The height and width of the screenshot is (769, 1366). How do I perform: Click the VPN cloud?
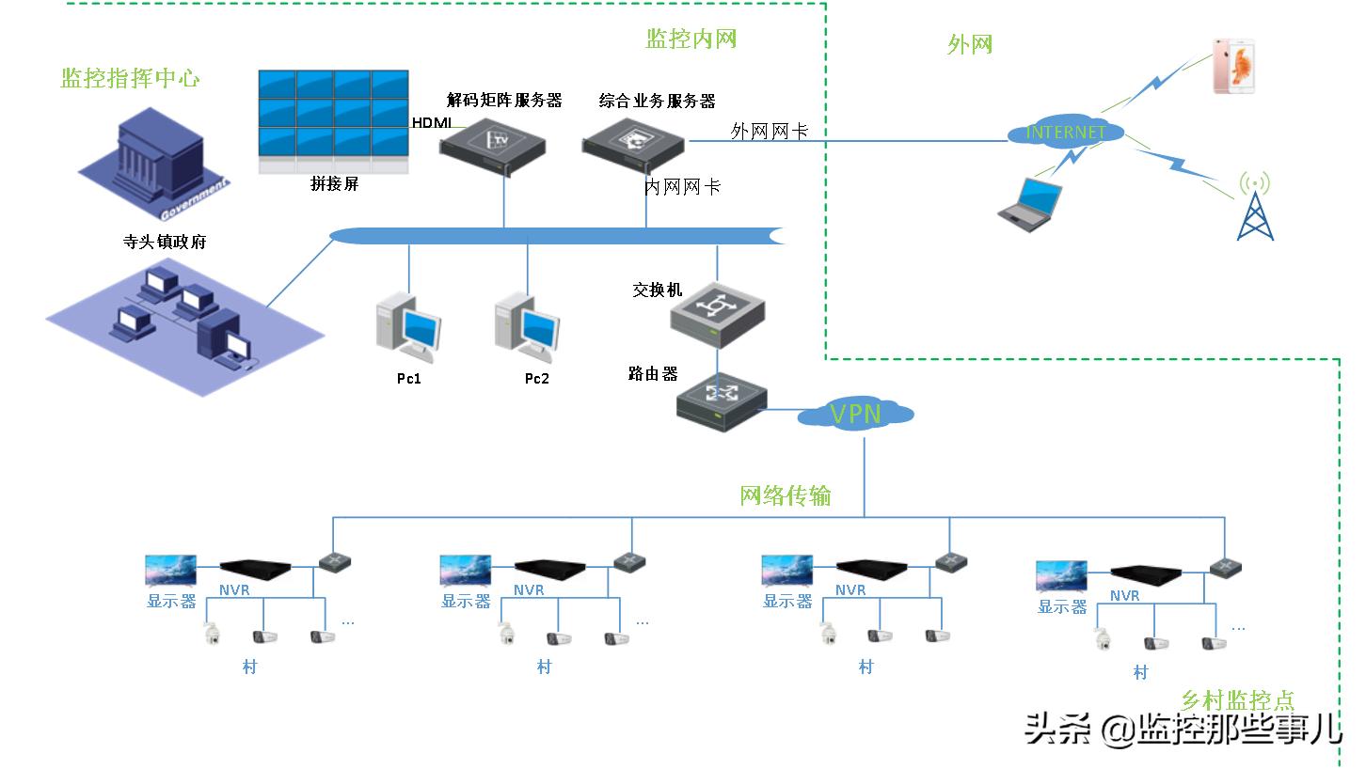(855, 414)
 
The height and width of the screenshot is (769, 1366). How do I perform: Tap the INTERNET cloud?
(1065, 133)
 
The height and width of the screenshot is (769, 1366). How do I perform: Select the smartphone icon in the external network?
(1233, 66)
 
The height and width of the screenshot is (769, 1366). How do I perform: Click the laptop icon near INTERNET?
(1030, 204)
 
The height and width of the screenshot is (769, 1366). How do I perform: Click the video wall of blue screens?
(334, 120)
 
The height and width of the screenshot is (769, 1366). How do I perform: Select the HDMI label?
(431, 123)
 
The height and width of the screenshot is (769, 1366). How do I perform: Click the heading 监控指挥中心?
(131, 78)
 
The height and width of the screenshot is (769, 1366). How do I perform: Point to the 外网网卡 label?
(769, 132)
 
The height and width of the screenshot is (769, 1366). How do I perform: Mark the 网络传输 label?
(786, 495)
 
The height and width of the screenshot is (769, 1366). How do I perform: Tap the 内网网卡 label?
(682, 187)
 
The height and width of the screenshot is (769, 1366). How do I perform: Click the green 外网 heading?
(970, 44)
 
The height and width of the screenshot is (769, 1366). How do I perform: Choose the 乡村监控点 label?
(1237, 700)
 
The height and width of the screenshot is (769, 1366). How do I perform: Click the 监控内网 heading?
(691, 39)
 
